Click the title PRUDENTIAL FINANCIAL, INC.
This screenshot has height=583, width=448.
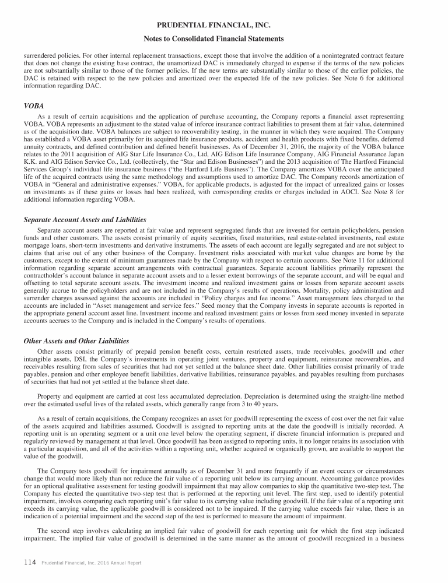tap(224, 26)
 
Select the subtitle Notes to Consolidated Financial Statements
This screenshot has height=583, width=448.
tap(224, 39)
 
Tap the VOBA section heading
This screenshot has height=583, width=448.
tap(34, 107)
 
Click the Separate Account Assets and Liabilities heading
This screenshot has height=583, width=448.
tap(85, 220)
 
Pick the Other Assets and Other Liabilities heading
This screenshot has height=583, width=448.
tap(76, 340)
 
